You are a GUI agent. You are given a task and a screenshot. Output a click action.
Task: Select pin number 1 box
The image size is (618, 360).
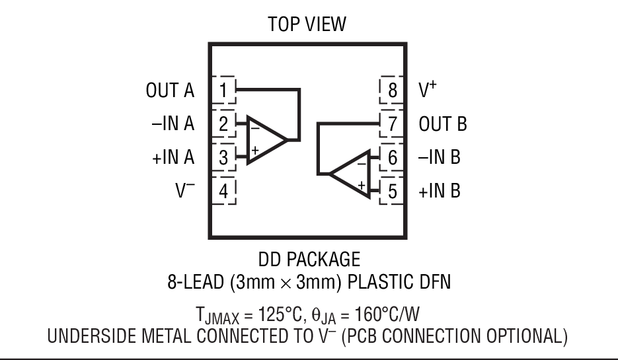tap(224, 89)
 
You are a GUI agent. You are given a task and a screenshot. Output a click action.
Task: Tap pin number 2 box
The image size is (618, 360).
tap(224, 124)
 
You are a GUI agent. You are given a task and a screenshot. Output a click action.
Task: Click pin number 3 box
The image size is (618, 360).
tap(224, 157)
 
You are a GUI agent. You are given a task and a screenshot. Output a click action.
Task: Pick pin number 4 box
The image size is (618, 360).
tap(224, 192)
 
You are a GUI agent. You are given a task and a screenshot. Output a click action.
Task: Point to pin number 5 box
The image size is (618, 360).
tap(392, 192)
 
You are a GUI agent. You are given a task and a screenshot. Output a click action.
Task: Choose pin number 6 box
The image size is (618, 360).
tap(392, 157)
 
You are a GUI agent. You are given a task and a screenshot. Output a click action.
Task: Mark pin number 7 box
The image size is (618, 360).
tap(392, 124)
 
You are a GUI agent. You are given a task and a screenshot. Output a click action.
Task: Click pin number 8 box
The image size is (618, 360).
tap(392, 89)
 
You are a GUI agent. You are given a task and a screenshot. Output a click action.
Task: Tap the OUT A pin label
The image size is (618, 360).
tap(171, 90)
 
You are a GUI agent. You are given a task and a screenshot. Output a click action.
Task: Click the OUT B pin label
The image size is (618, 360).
tap(443, 124)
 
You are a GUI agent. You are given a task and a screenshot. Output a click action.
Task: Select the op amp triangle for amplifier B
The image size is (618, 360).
tap(350, 174)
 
